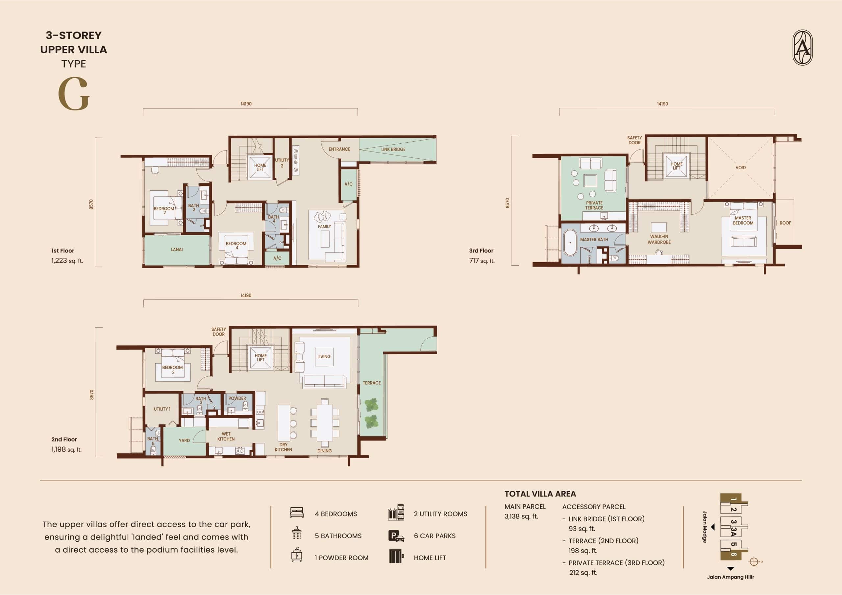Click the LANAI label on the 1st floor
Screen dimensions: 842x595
[177, 250]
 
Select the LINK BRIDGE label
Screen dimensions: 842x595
[393, 150]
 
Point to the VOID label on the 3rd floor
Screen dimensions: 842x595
[740, 168]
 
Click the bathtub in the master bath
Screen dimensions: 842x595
[570, 242]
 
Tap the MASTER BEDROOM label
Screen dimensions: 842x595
[743, 220]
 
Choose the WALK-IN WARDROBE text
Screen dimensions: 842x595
[659, 239]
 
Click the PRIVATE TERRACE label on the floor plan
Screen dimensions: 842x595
[594, 205]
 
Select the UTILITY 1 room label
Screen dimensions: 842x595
[162, 409]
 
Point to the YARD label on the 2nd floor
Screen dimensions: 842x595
[184, 440]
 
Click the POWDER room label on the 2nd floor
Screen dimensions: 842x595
[237, 398]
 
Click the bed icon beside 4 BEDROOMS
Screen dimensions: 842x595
[296, 512]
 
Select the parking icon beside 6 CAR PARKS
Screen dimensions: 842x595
[396, 536]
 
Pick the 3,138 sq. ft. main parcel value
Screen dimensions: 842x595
[521, 516]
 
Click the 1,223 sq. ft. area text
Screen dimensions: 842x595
[67, 261]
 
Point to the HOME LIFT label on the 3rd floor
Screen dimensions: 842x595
[676, 166]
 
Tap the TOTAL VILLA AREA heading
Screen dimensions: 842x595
[540, 494]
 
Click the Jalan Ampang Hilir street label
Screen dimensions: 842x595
[731, 577]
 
